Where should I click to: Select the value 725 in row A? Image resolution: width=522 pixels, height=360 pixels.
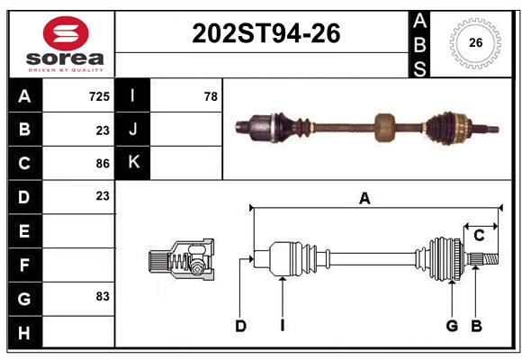99,95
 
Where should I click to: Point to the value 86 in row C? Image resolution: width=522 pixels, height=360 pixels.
103,163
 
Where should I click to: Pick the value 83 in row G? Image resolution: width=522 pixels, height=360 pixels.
103,296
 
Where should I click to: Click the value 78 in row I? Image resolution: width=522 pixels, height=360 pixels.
210,95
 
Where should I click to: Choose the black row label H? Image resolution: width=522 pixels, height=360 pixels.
24,333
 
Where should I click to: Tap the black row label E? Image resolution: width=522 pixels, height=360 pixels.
24,231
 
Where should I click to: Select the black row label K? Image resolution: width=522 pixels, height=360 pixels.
133,163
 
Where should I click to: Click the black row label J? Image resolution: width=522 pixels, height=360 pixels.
133,130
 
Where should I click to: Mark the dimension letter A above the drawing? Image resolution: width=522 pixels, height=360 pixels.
364,199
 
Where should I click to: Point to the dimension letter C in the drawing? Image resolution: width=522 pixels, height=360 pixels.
479,235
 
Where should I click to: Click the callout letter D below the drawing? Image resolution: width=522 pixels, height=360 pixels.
241,326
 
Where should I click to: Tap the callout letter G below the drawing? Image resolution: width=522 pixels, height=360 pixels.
452,326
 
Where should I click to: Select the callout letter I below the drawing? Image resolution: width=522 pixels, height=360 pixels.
282,326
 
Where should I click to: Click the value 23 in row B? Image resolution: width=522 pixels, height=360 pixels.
103,130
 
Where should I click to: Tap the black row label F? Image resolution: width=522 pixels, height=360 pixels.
24,265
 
